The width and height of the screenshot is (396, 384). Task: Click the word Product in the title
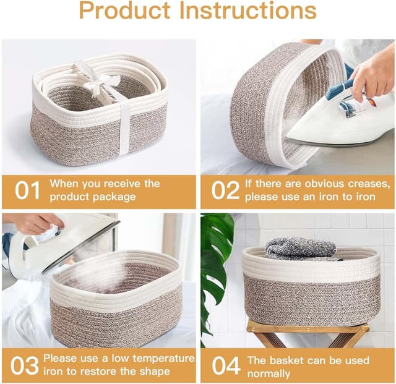[x=125, y=11]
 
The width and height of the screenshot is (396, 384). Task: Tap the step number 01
[x=27, y=190]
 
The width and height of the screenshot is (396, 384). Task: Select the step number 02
[x=225, y=190]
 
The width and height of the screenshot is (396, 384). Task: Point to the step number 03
[x=25, y=365]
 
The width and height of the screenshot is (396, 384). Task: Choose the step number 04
[x=226, y=365]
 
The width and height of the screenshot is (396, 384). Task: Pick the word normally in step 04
[x=269, y=374]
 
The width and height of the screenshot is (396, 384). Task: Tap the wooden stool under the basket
[x=308, y=333]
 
